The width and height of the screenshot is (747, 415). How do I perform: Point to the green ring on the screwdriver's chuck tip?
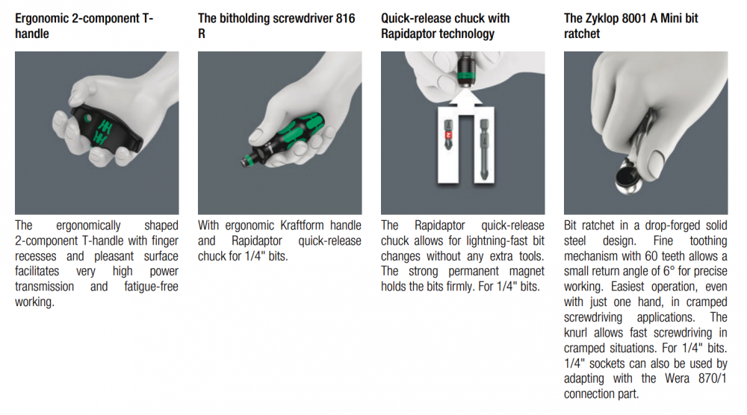click(x=247, y=160)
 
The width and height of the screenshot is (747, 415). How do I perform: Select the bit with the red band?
click(x=448, y=135)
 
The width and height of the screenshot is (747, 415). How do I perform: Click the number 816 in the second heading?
click(x=345, y=19)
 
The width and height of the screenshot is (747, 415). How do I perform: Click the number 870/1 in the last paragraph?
click(x=713, y=378)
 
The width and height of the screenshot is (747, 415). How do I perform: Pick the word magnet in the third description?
click(x=527, y=271)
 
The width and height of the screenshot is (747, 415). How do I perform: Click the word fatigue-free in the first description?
click(x=151, y=287)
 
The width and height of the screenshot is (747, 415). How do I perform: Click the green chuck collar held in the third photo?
click(x=466, y=75)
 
